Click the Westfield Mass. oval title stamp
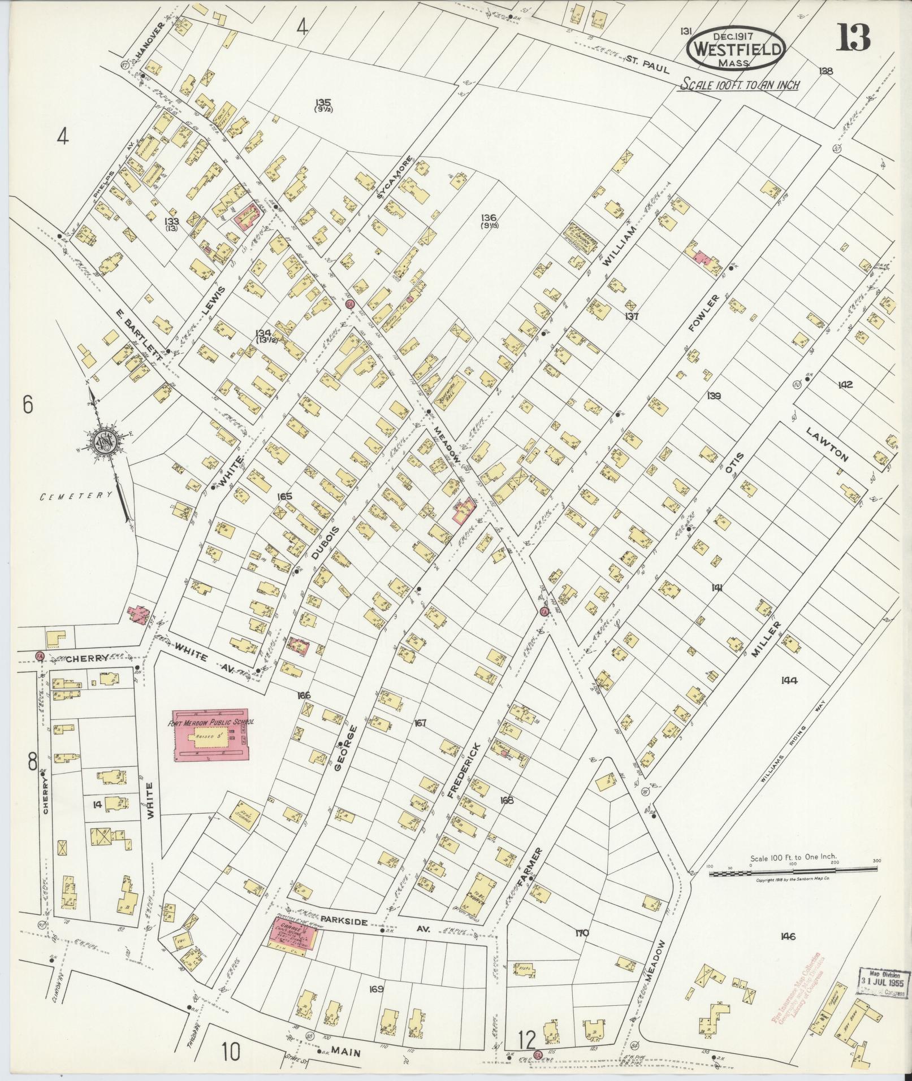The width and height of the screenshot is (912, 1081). click(x=736, y=49)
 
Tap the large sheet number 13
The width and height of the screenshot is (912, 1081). click(x=854, y=38)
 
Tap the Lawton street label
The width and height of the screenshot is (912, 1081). click(x=827, y=444)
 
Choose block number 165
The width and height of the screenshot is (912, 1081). click(x=284, y=496)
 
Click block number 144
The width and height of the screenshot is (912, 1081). click(x=789, y=680)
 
